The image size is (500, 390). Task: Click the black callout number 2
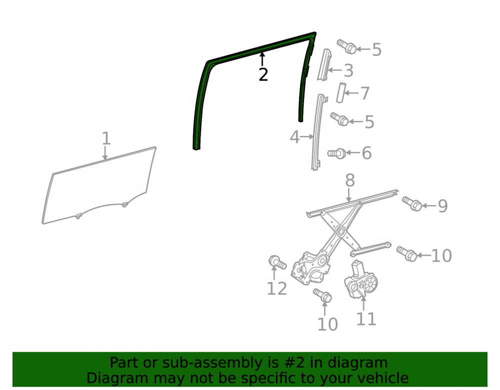tap(263, 75)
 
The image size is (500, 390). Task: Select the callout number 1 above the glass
tap(106, 138)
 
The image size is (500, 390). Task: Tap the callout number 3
tap(348, 70)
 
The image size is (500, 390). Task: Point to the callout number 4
tap(294, 137)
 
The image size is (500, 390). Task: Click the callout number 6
tap(366, 153)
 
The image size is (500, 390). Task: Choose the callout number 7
tap(365, 93)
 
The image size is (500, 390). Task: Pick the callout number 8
tap(350, 180)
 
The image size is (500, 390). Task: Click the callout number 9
tap(442, 206)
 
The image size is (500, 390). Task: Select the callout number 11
tap(366, 319)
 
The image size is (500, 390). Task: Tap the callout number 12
tap(276, 289)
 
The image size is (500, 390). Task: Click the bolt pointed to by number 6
tap(336, 154)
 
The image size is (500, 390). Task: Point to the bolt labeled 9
tap(412, 203)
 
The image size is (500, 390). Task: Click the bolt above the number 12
tap(277, 262)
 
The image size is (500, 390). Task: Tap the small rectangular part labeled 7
tap(341, 93)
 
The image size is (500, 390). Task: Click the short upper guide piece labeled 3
tap(324, 64)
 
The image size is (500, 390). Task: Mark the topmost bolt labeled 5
tap(346, 47)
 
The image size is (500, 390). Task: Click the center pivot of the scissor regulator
tap(341, 231)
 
